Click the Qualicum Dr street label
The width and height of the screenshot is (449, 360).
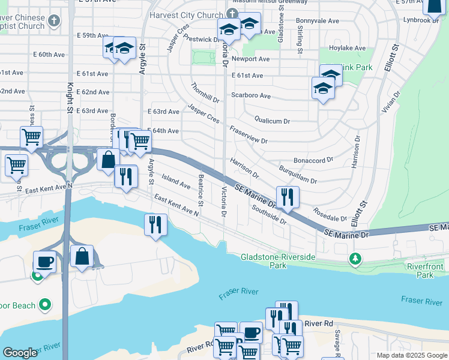272,121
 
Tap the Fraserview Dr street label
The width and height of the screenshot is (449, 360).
248,136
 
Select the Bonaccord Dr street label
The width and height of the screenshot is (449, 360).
313,160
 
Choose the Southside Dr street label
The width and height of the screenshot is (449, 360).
269,214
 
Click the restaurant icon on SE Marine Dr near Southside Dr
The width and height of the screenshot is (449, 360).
288,197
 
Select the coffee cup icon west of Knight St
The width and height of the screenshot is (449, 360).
44,262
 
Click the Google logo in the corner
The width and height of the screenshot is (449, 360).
20,353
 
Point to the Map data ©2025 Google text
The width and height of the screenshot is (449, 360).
411,355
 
